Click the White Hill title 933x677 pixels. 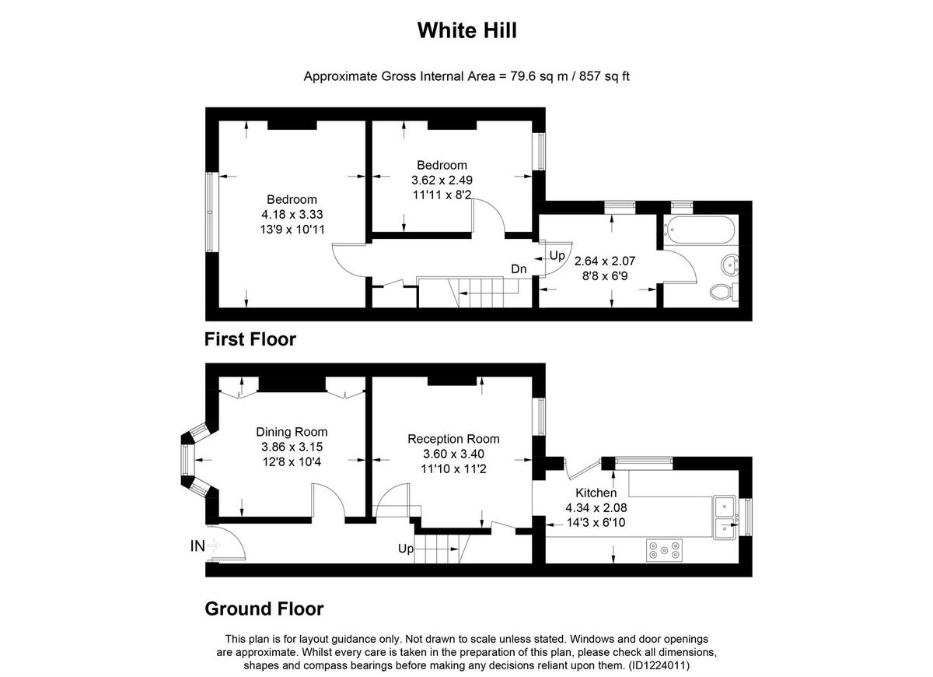tap(466, 30)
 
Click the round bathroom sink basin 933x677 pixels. tap(731, 265)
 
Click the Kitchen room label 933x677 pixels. tap(596, 493)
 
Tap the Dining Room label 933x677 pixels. tap(292, 432)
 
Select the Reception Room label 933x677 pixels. tap(453, 439)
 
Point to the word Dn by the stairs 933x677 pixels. tap(519, 269)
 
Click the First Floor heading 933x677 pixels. tap(250, 339)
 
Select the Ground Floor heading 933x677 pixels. tap(264, 609)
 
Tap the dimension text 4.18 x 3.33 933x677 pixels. tap(292, 214)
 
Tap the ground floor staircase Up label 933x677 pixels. tap(405, 549)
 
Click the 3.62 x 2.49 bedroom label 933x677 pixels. tap(442, 180)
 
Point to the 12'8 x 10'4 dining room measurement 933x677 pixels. tap(292, 461)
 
